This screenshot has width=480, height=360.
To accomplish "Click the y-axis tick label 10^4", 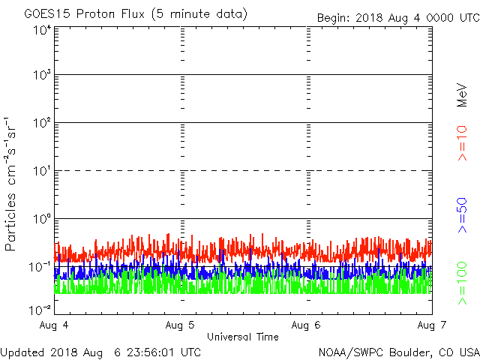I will pos(42,31).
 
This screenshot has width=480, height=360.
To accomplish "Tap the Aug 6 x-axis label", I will pos(307,325).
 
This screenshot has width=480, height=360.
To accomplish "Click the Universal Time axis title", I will pos(243,337).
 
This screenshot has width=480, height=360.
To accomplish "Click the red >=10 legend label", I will pos(462,142).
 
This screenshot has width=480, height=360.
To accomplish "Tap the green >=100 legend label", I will pos(462,283).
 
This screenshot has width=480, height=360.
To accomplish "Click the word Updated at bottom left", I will pos(25,351).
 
